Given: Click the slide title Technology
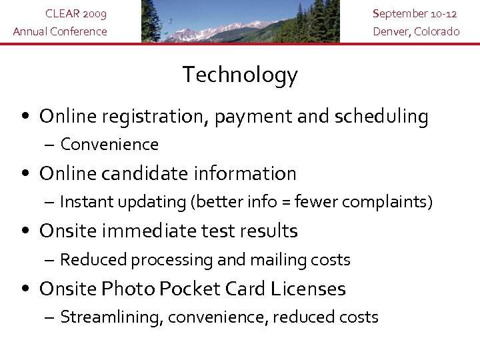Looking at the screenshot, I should point(240,75).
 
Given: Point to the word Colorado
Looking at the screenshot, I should point(438,31).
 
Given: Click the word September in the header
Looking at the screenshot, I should point(400,13).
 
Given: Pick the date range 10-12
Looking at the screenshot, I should point(445,13).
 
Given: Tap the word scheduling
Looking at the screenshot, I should point(383,117).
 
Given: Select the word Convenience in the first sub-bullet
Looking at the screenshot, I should point(109,145).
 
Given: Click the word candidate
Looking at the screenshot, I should point(141,174).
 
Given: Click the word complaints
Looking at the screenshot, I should point(391,201).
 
